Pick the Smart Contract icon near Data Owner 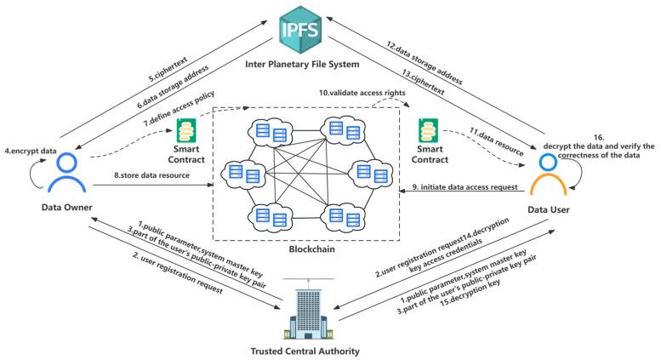pos(187,133)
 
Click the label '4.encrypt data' pos(31,128)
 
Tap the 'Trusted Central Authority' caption pos(306,348)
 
